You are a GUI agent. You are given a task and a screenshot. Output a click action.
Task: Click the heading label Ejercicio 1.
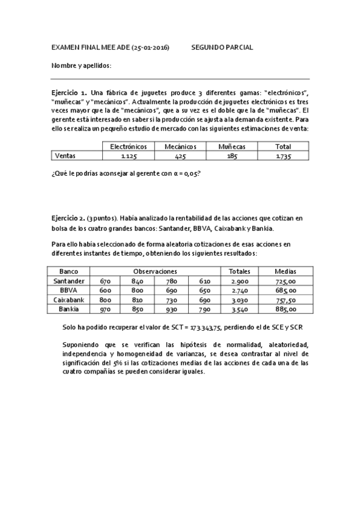69,94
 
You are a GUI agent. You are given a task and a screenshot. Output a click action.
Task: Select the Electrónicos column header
129,147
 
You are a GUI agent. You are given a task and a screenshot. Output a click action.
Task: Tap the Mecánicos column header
180,147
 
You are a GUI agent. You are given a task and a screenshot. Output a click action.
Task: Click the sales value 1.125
128,156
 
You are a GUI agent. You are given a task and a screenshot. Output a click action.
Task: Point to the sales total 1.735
282,156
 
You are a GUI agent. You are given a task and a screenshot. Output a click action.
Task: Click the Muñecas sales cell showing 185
231,156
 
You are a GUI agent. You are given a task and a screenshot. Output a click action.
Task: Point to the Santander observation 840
138,281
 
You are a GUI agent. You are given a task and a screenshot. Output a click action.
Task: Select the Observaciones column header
155,272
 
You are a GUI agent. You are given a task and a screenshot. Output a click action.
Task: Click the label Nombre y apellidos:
82,65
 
